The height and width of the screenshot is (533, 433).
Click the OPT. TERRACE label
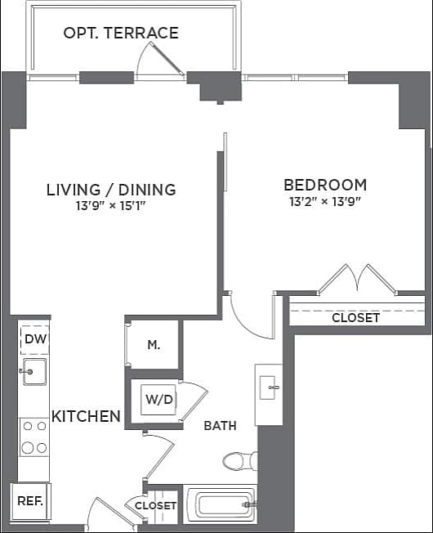coord(121,34)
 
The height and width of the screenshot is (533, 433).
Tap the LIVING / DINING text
coord(111,190)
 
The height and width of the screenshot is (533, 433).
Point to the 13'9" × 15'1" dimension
coord(111,206)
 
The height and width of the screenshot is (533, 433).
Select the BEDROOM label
coord(325,185)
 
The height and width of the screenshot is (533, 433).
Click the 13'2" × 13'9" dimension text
coord(325,201)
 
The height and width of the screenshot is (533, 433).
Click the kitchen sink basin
coord(34,372)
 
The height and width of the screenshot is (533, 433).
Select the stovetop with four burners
coord(34,437)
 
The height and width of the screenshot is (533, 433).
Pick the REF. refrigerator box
coord(31,500)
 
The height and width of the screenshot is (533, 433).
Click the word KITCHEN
coord(87,416)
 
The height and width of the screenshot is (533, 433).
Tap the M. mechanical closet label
coord(154,345)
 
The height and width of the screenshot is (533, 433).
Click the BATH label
coord(221,426)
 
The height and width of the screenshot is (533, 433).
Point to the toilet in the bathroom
coord(238,462)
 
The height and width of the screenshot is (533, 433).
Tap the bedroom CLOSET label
coord(355,317)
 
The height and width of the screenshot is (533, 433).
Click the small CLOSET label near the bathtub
coord(155,506)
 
